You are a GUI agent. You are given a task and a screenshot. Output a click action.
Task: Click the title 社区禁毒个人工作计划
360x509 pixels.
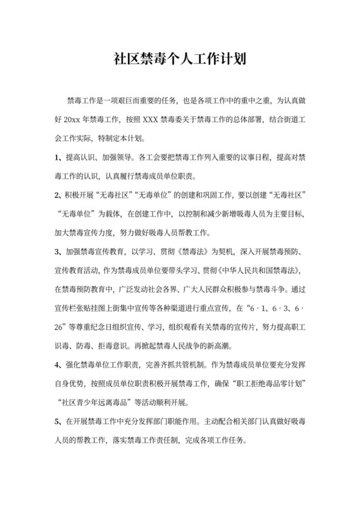click(x=180, y=60)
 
